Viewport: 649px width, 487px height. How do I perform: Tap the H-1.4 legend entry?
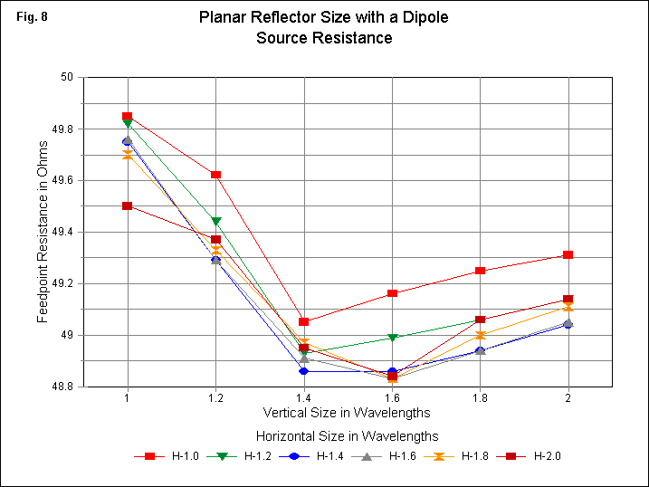tap(313, 456)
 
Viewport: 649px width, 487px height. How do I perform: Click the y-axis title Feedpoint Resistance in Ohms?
tap(43, 232)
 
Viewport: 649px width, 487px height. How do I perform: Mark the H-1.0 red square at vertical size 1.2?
tap(215, 175)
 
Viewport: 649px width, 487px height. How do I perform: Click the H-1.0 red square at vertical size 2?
tap(568, 254)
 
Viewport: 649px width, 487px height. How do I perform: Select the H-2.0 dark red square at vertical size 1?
tap(128, 205)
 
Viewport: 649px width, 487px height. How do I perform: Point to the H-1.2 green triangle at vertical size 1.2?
tap(215, 221)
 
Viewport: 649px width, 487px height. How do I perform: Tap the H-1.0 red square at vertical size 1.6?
tap(392, 293)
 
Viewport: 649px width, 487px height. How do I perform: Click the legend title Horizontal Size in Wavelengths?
tap(348, 435)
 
